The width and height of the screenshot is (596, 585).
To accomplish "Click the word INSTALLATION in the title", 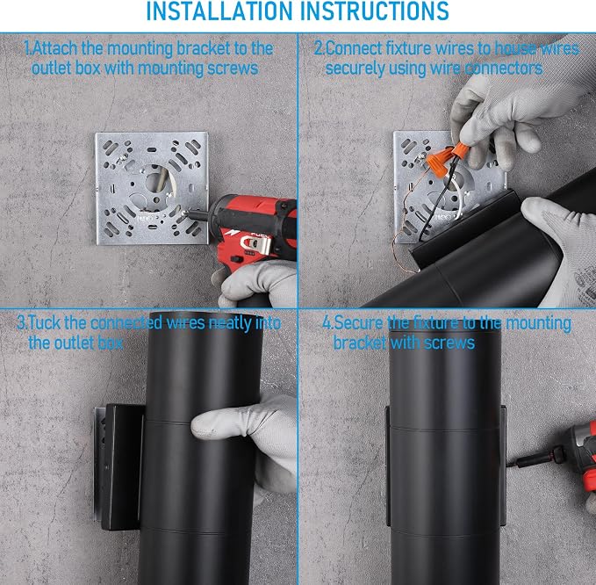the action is click(x=219, y=11).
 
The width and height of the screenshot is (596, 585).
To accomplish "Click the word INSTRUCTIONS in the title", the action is click(x=375, y=11).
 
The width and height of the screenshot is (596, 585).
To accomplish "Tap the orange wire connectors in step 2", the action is click(x=446, y=159).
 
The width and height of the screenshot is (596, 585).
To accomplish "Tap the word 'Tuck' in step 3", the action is click(x=45, y=323).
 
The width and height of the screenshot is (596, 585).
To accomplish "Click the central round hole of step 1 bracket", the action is click(x=154, y=179).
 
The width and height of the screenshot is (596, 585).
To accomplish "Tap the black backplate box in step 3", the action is click(x=122, y=466).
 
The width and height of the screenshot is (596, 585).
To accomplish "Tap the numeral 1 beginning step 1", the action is click(x=26, y=48).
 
